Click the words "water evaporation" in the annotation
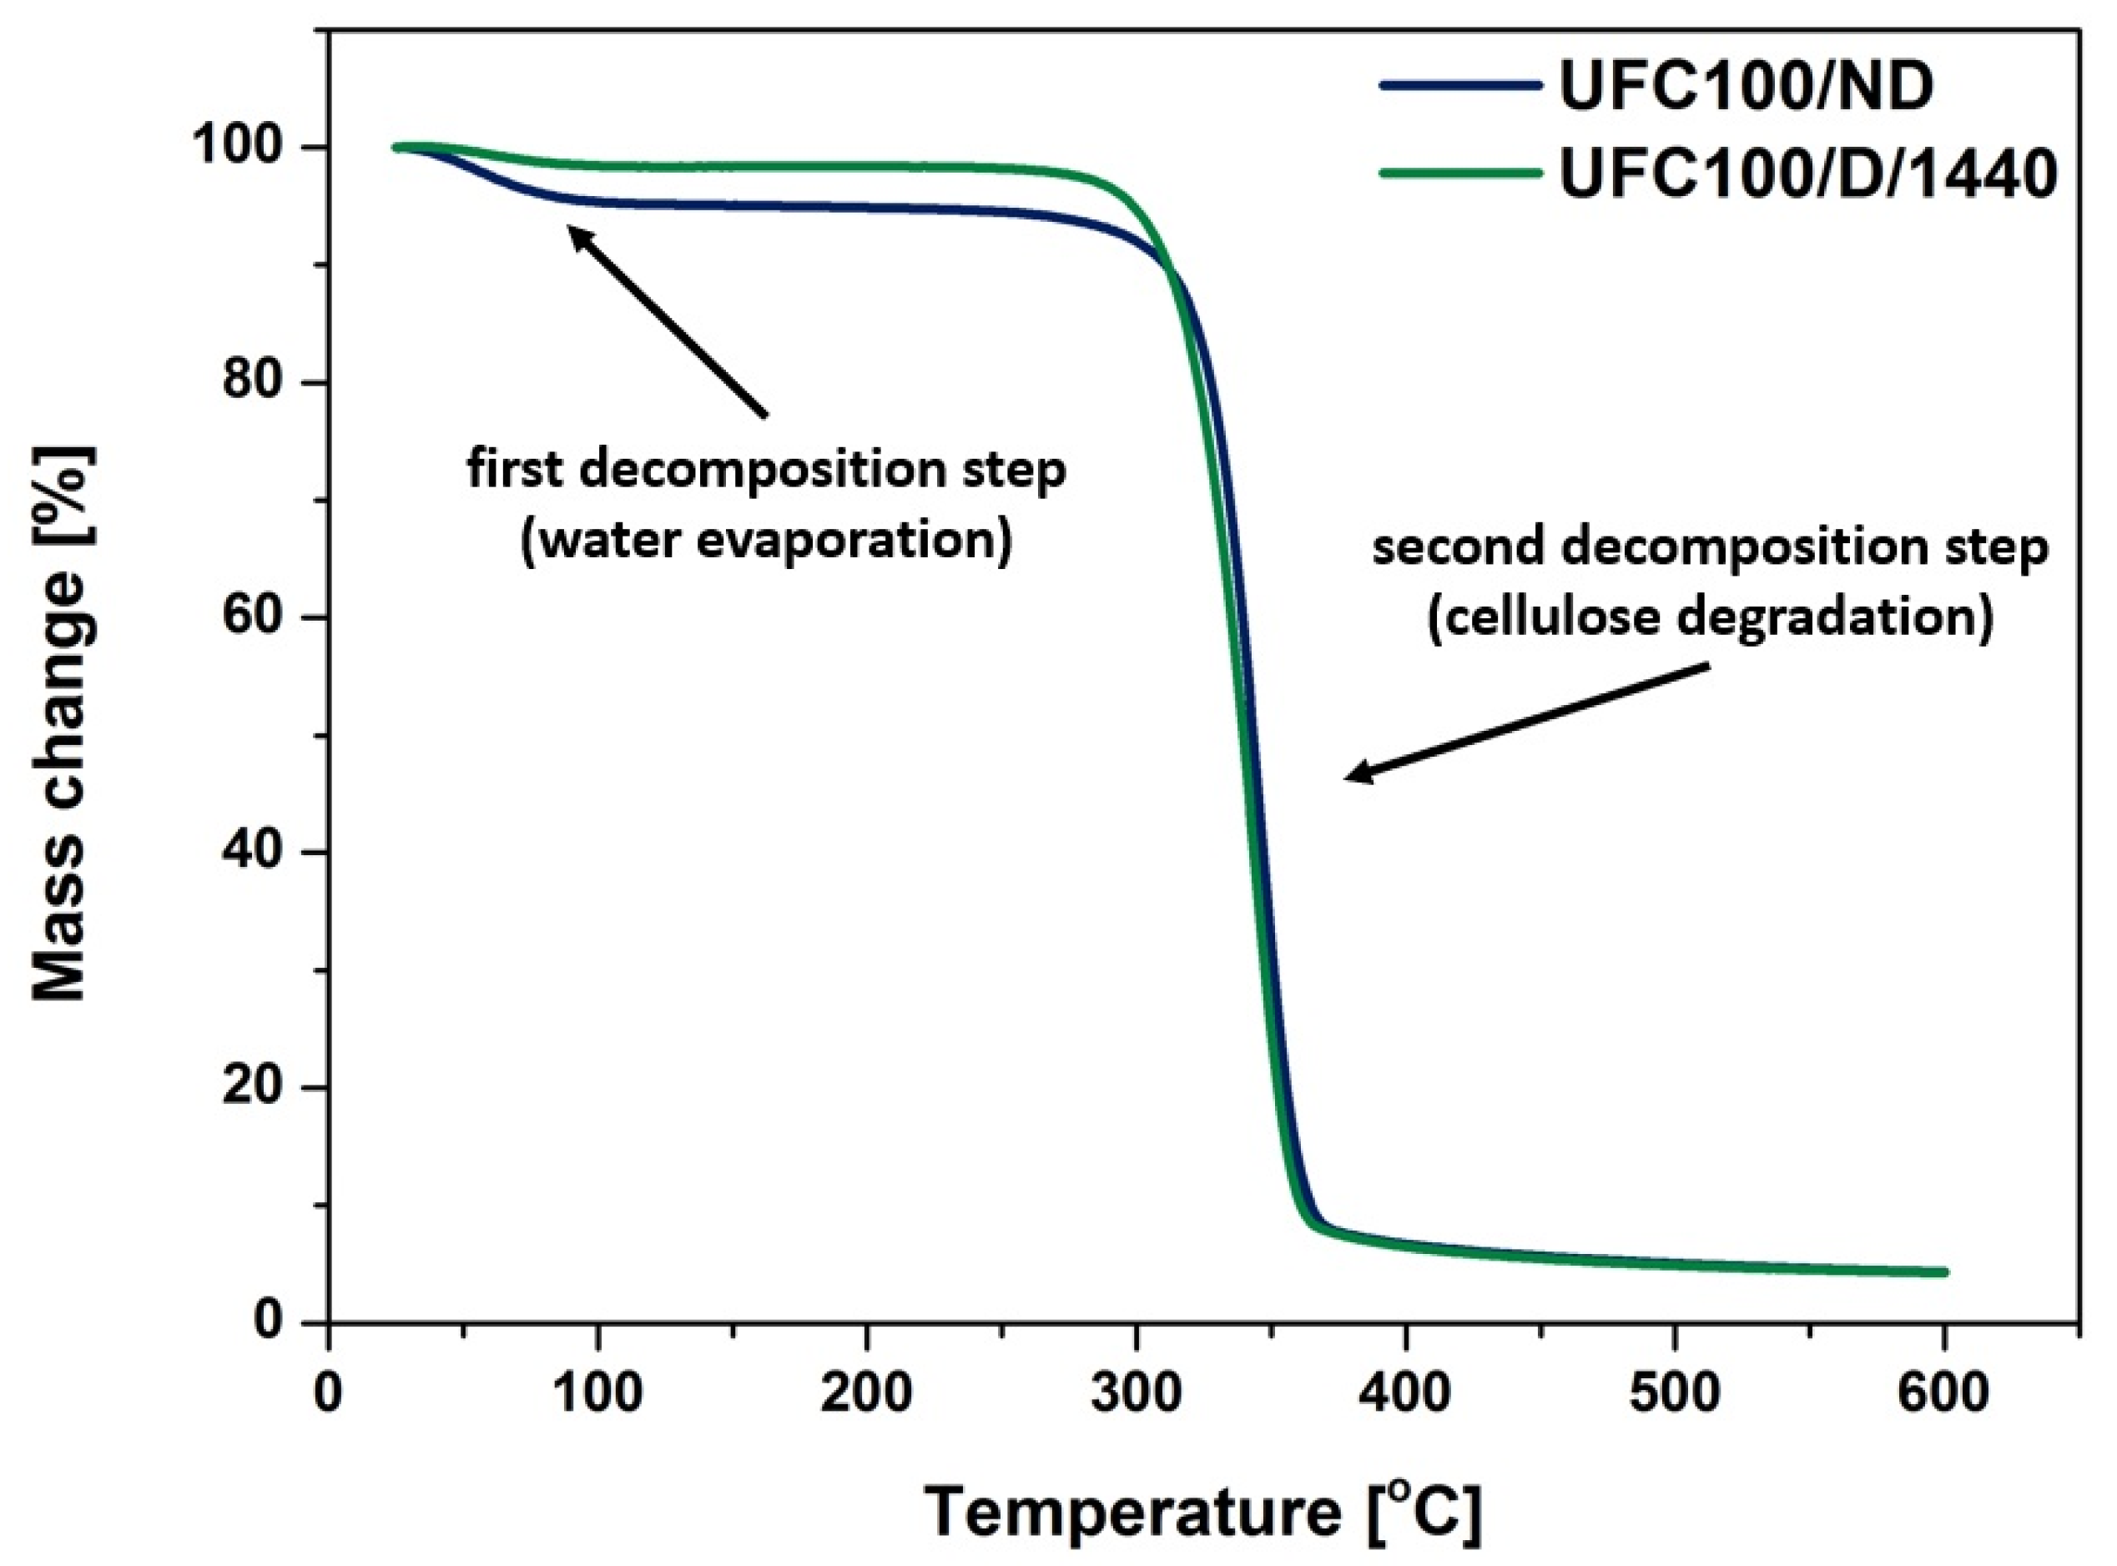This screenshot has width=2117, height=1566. tap(766, 541)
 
